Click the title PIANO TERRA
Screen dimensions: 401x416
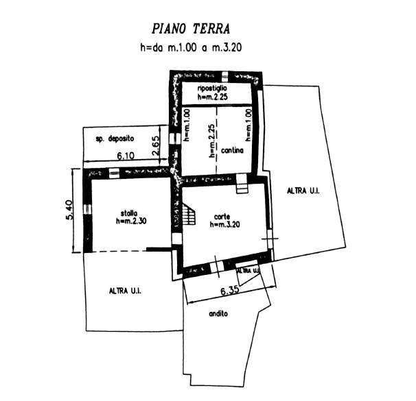click(x=190, y=29)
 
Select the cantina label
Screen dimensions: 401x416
click(x=231, y=150)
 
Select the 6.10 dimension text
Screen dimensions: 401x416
click(x=125, y=156)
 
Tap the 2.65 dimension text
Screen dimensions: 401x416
click(x=156, y=146)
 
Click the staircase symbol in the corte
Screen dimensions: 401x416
click(x=188, y=217)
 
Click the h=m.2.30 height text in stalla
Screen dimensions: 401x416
click(x=129, y=221)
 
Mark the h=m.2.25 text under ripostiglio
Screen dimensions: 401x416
click(x=212, y=98)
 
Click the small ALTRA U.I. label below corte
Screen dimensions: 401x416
click(x=248, y=271)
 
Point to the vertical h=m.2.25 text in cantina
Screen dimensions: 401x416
click(x=212, y=140)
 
